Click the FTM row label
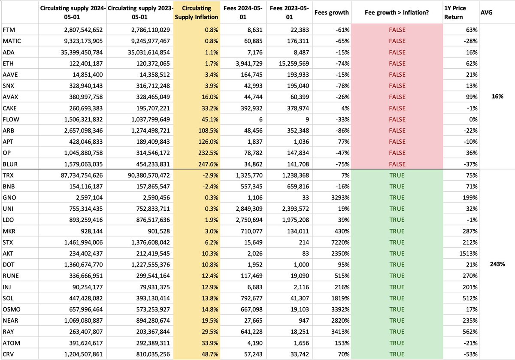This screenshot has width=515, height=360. (8, 30)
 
